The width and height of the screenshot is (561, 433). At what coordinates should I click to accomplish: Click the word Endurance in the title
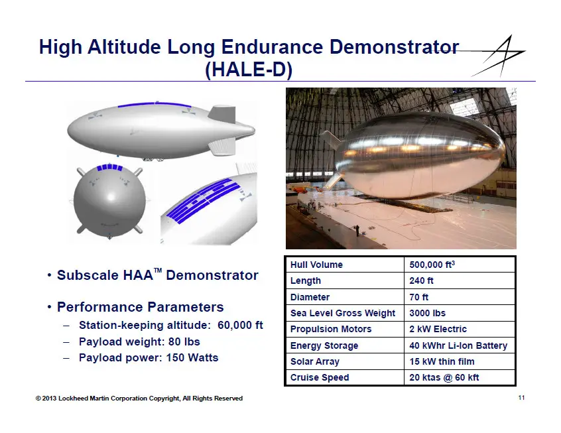click(x=272, y=47)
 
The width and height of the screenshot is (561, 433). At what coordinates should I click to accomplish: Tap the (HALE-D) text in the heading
click(x=249, y=69)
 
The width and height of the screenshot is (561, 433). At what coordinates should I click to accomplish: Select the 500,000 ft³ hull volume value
click(x=432, y=265)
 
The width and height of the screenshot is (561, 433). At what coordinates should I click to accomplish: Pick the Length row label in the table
click(x=305, y=280)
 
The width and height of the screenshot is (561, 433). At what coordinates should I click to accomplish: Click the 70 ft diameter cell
click(x=418, y=297)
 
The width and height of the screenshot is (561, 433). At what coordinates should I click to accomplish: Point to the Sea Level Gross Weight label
click(x=343, y=313)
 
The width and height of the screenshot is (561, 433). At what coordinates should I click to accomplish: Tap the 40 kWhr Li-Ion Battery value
click(x=458, y=345)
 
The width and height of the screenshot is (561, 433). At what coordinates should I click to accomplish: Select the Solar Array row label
click(x=314, y=361)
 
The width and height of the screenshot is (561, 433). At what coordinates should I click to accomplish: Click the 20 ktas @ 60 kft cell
click(x=444, y=377)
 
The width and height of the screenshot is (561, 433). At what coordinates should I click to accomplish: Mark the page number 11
click(x=521, y=398)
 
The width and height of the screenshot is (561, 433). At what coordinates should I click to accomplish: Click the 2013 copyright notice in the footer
click(x=139, y=399)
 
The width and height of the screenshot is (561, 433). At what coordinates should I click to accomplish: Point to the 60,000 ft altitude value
click(x=240, y=325)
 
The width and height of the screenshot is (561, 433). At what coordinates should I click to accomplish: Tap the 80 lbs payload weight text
click(x=184, y=341)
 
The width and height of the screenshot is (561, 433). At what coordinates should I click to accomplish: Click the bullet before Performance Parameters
click(x=49, y=308)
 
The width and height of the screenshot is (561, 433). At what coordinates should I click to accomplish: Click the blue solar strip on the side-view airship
click(x=155, y=104)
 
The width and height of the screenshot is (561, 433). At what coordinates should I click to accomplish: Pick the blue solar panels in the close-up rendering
click(x=203, y=200)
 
